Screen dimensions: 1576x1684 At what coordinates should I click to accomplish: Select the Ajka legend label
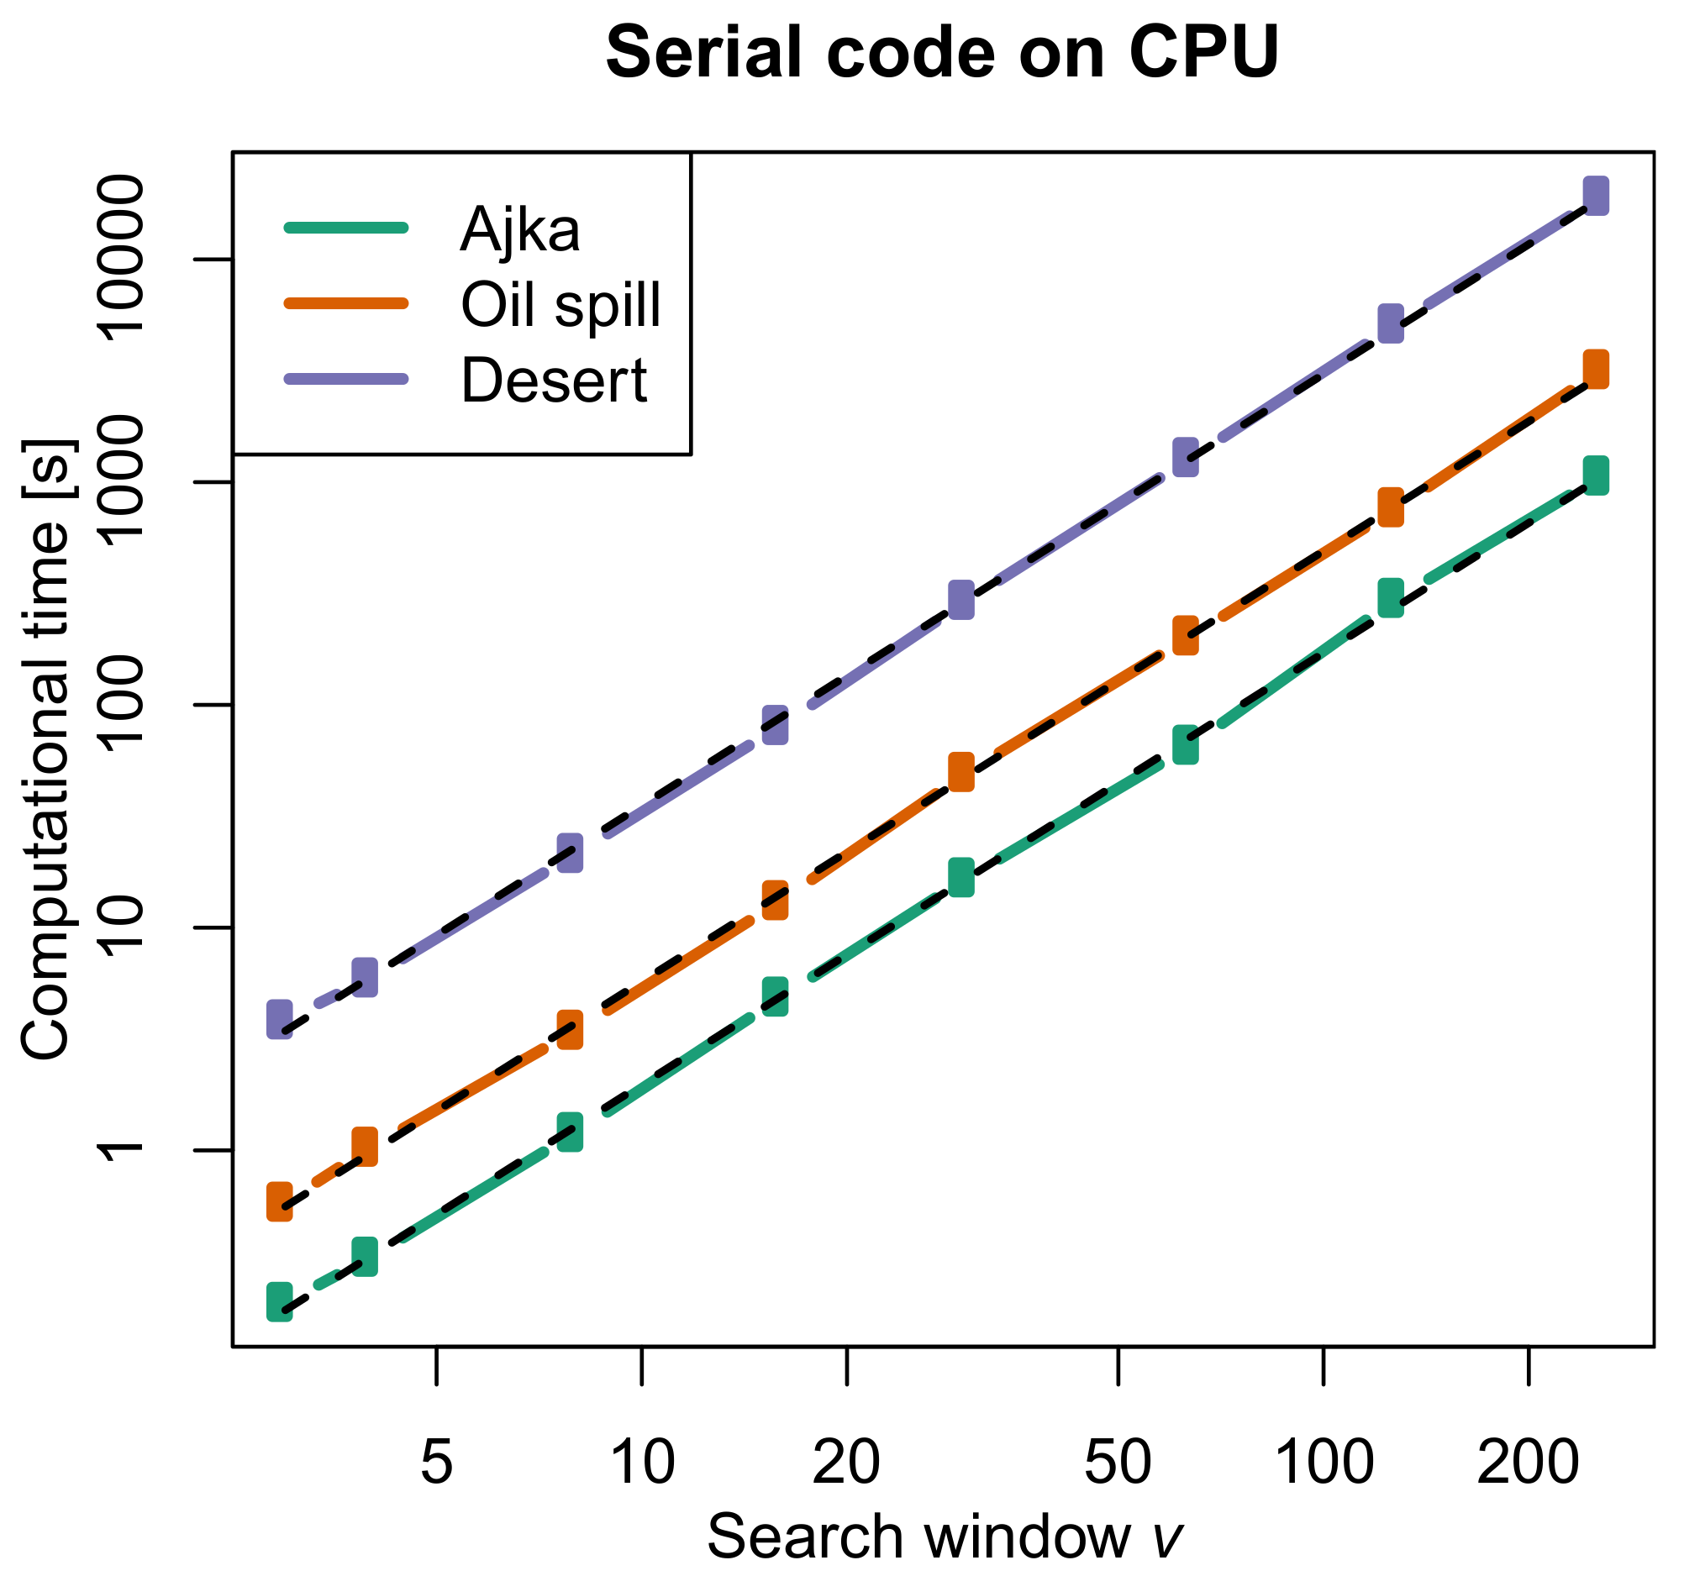520,229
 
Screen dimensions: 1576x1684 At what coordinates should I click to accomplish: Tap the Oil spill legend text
560,305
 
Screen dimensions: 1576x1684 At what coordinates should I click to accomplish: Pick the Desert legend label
554,381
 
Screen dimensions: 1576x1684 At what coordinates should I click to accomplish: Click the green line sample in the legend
346,227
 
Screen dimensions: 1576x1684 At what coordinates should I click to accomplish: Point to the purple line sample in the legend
346,379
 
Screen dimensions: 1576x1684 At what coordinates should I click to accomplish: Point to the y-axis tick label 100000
118,258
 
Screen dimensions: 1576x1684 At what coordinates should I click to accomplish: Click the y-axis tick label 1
118,1150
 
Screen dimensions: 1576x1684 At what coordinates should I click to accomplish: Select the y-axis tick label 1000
118,482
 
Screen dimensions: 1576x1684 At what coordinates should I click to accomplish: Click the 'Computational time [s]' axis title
46,749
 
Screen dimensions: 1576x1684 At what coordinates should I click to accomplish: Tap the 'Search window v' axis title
943,1537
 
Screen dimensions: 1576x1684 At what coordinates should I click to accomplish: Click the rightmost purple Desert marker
1596,196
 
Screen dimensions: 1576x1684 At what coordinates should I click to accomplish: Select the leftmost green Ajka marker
280,1301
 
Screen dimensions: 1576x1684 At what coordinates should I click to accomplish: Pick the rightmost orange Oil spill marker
1596,370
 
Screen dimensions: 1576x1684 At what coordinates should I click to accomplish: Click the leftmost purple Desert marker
280,1019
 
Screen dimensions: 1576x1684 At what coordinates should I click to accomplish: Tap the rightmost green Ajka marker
1596,475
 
